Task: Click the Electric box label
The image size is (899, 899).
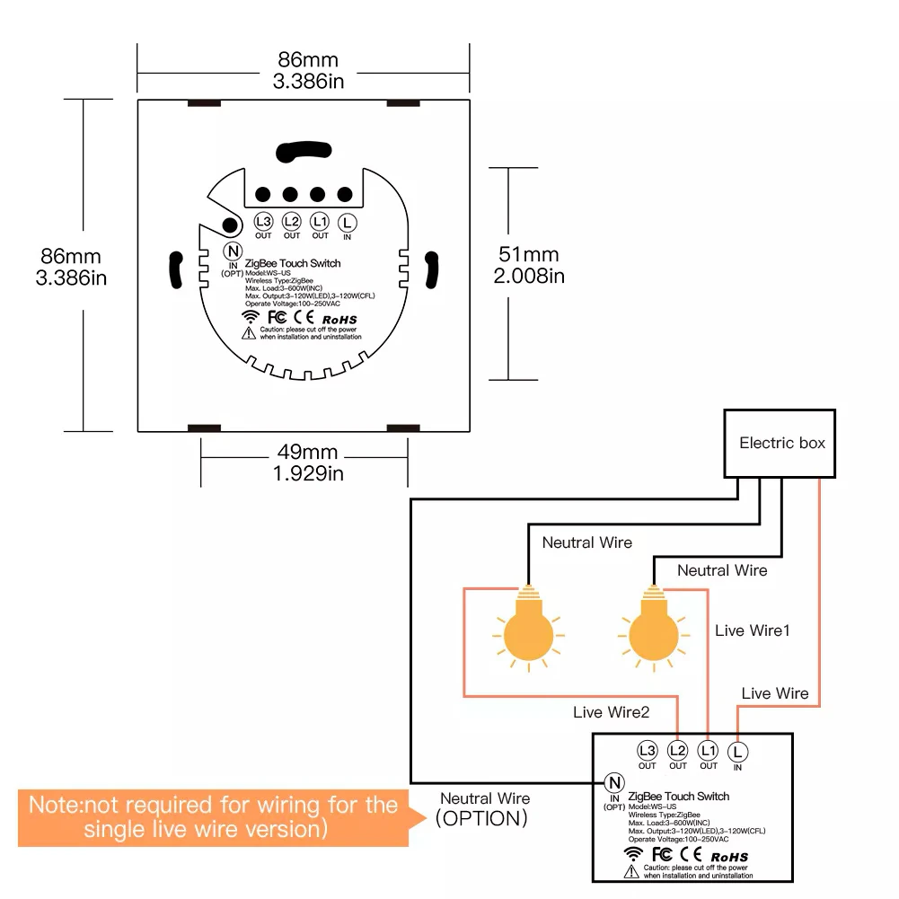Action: click(x=782, y=443)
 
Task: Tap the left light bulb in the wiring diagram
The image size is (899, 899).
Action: click(x=529, y=629)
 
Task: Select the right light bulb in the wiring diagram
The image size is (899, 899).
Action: click(x=654, y=629)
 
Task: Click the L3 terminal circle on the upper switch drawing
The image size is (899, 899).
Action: click(x=263, y=221)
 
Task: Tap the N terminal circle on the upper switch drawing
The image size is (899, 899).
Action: click(x=233, y=251)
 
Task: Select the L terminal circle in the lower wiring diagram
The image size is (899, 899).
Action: click(x=737, y=752)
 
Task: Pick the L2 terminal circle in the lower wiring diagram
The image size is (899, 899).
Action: click(x=678, y=750)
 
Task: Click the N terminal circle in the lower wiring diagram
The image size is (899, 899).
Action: click(x=614, y=782)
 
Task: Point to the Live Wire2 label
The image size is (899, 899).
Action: click(x=612, y=712)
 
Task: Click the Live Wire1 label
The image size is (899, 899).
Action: click(x=753, y=630)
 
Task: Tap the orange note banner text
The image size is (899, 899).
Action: click(x=213, y=817)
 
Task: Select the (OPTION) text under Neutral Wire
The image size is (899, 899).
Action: click(x=481, y=818)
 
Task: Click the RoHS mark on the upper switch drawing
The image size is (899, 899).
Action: click(x=339, y=320)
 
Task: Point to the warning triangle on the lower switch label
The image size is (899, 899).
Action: click(x=631, y=871)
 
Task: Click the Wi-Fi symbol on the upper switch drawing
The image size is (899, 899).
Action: click(x=251, y=316)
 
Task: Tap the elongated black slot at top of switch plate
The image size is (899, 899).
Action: click(x=304, y=152)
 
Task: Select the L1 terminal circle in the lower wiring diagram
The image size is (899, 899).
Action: click(x=708, y=750)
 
